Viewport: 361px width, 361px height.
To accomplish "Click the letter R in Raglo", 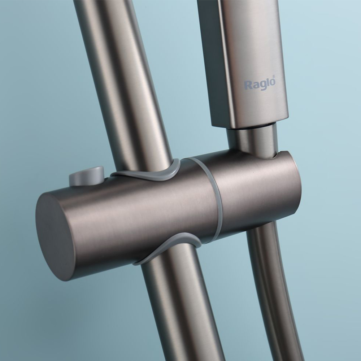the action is [248, 85].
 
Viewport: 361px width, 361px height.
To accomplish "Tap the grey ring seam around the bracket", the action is [212, 198].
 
